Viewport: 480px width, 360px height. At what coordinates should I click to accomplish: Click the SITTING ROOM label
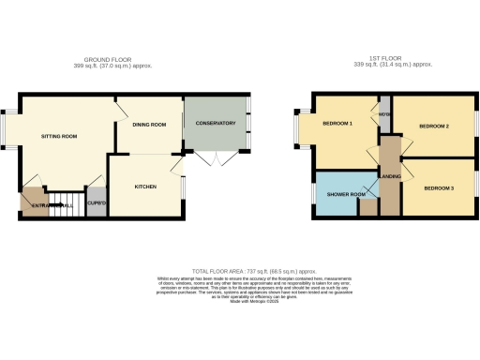click(58, 136)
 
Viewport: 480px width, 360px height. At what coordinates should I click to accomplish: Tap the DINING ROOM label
click(148, 125)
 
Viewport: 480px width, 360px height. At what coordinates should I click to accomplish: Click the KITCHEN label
click(144, 187)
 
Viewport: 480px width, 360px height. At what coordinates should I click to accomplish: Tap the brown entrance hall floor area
click(34, 203)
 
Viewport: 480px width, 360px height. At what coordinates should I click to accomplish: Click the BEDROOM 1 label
click(337, 125)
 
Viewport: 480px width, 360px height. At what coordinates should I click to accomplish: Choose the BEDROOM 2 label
click(434, 126)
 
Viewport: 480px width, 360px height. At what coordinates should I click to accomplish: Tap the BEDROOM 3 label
click(438, 188)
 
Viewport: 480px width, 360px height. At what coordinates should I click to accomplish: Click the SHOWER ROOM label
click(343, 194)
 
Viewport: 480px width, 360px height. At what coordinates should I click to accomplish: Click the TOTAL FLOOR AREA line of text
click(239, 270)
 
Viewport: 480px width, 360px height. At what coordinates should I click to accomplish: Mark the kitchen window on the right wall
click(184, 187)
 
